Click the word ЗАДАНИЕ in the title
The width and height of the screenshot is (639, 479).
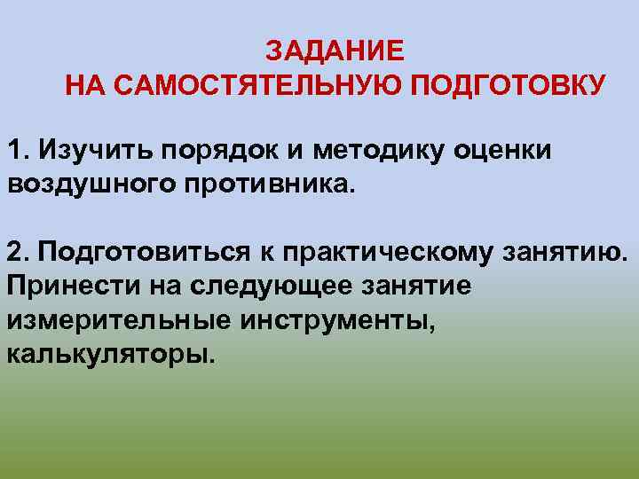coord(335,50)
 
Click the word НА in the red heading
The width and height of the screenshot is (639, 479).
coord(84,86)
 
